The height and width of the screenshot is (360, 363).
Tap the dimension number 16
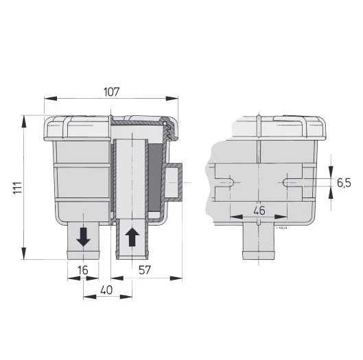pos(83,271)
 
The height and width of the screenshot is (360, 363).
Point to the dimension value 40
pos(107,290)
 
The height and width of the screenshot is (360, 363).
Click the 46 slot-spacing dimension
pos(259,210)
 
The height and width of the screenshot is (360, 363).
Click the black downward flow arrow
pos(83,237)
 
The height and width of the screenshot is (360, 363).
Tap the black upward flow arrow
pos(132,237)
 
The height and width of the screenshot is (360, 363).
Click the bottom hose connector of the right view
pos(259,243)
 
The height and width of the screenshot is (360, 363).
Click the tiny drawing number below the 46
pos(280,223)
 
